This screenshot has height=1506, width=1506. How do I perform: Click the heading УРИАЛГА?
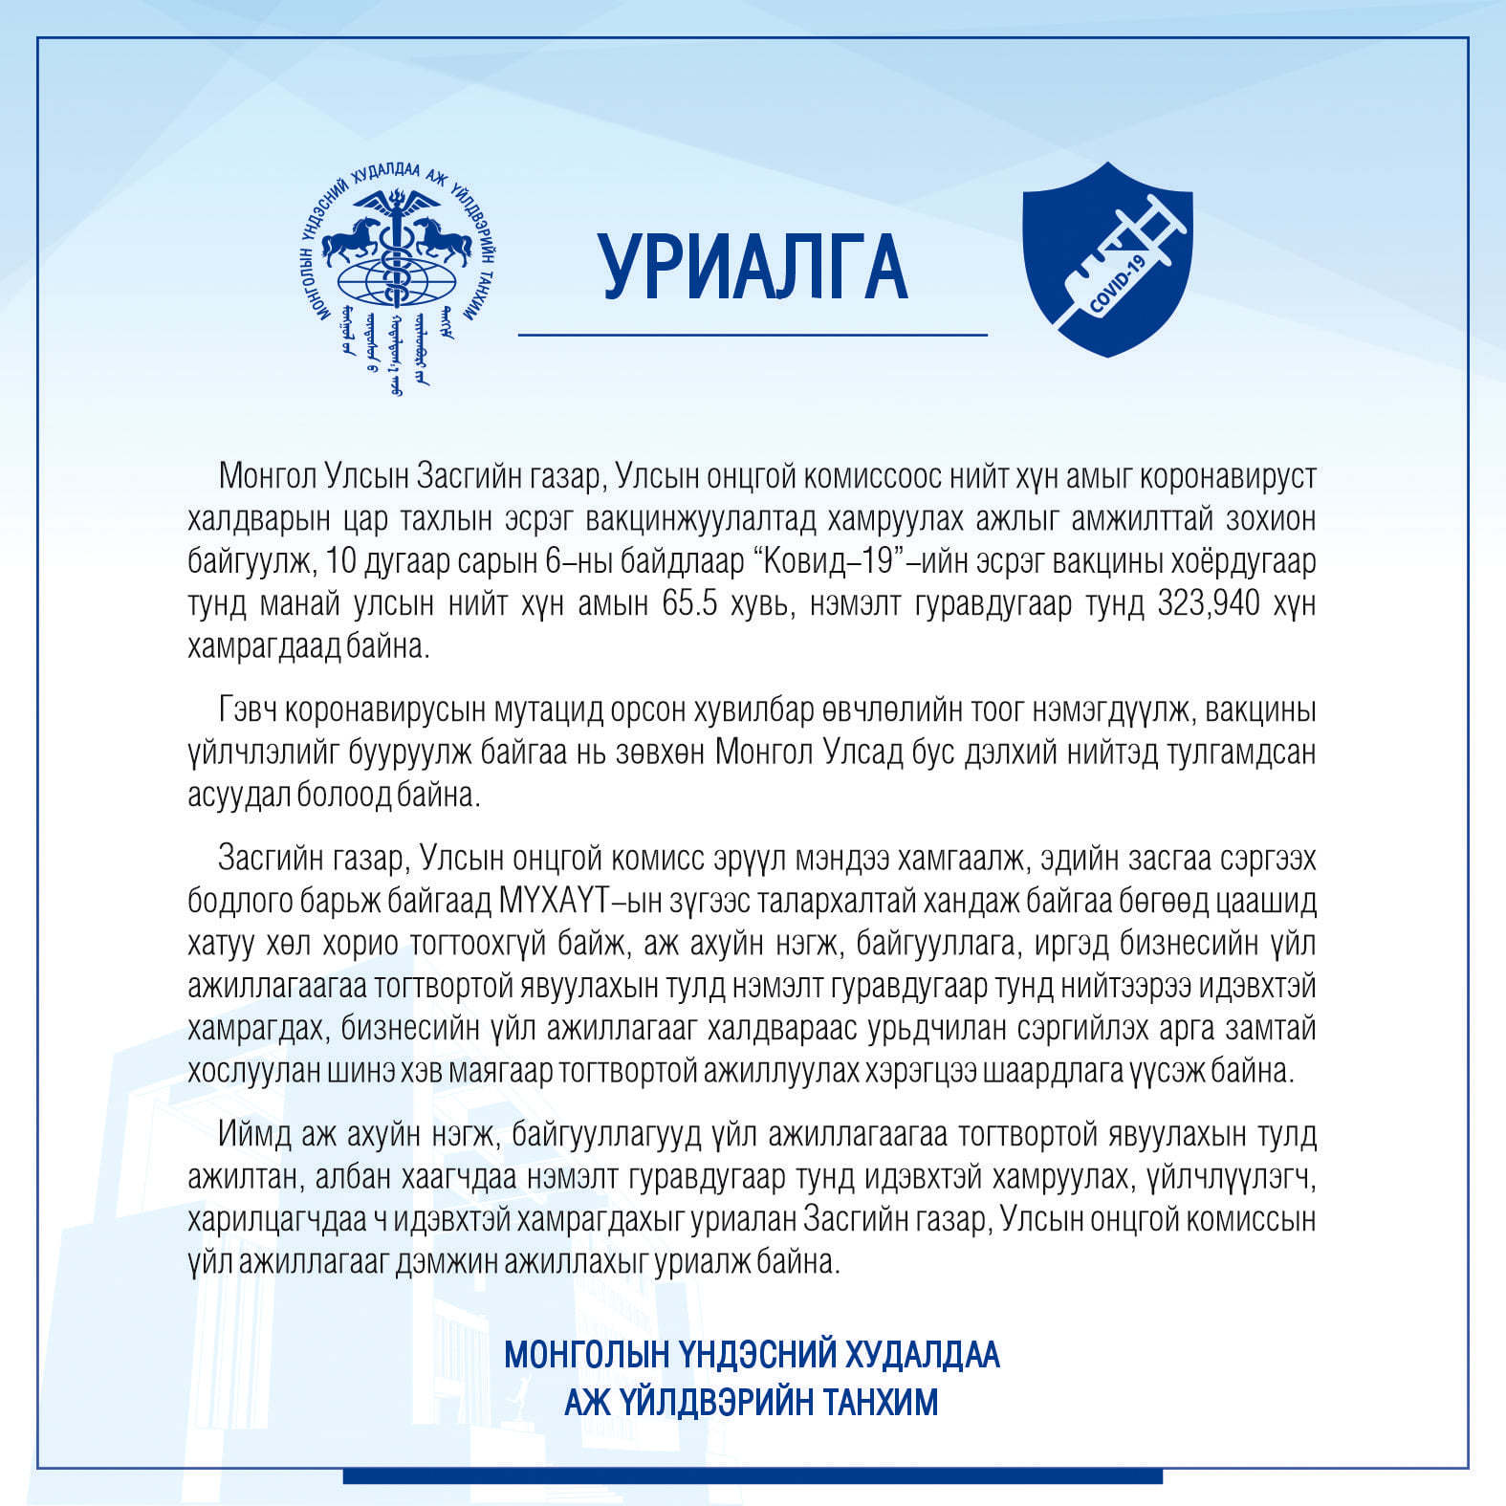(x=753, y=266)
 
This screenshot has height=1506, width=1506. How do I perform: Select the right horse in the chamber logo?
(x=443, y=239)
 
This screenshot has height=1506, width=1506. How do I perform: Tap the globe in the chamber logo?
(x=396, y=283)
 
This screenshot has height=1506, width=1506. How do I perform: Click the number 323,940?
(x=1209, y=604)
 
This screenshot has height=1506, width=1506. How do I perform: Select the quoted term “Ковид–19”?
(x=830, y=562)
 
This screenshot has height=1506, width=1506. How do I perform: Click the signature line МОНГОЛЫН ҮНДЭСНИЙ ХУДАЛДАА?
(x=752, y=1354)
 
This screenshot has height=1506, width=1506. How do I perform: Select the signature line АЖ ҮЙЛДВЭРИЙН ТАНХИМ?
(x=752, y=1402)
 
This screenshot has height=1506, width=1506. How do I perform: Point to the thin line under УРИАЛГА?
(x=753, y=336)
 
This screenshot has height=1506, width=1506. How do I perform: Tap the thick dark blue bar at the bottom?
(x=753, y=1476)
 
